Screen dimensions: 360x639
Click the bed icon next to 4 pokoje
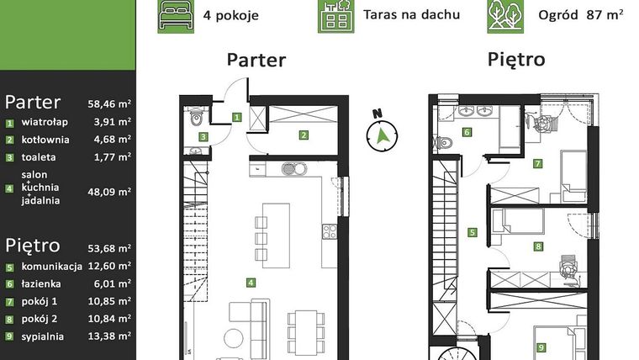tap(175, 15)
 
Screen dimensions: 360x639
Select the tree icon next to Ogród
tap(505, 15)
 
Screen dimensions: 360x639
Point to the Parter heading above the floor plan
tap(256, 61)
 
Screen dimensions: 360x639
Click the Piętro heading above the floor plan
tap(515, 61)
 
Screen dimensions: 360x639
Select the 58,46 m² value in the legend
tap(109, 104)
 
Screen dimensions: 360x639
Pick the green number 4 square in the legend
tap(10, 190)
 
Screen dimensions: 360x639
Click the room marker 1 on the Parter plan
tap(237, 118)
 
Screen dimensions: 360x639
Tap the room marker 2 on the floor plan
tap(304, 135)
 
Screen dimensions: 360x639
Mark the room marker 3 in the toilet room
tap(203, 136)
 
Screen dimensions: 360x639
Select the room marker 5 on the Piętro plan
tap(473, 233)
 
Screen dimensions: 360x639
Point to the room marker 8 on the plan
tap(538, 246)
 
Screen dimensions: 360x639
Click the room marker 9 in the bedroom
tap(541, 346)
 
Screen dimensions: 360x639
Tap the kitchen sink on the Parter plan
tap(291, 167)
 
